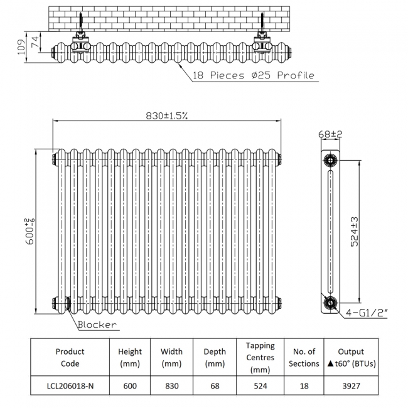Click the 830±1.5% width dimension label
point(166,115)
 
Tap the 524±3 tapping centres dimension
point(355,232)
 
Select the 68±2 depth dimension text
point(330,134)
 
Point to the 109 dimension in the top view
point(21,47)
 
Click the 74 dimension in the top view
point(35,41)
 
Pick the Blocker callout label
point(97,325)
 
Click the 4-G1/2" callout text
point(367,313)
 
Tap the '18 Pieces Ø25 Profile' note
point(254,75)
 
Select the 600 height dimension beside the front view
point(30,232)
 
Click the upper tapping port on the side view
point(330,160)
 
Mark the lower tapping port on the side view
point(330,303)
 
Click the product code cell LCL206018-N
point(70,385)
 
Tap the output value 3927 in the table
point(351,385)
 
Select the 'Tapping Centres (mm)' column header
point(260,358)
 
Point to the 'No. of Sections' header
point(304,358)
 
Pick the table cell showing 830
point(172,385)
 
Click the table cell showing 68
point(215,385)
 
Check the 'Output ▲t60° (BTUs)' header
point(351,358)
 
